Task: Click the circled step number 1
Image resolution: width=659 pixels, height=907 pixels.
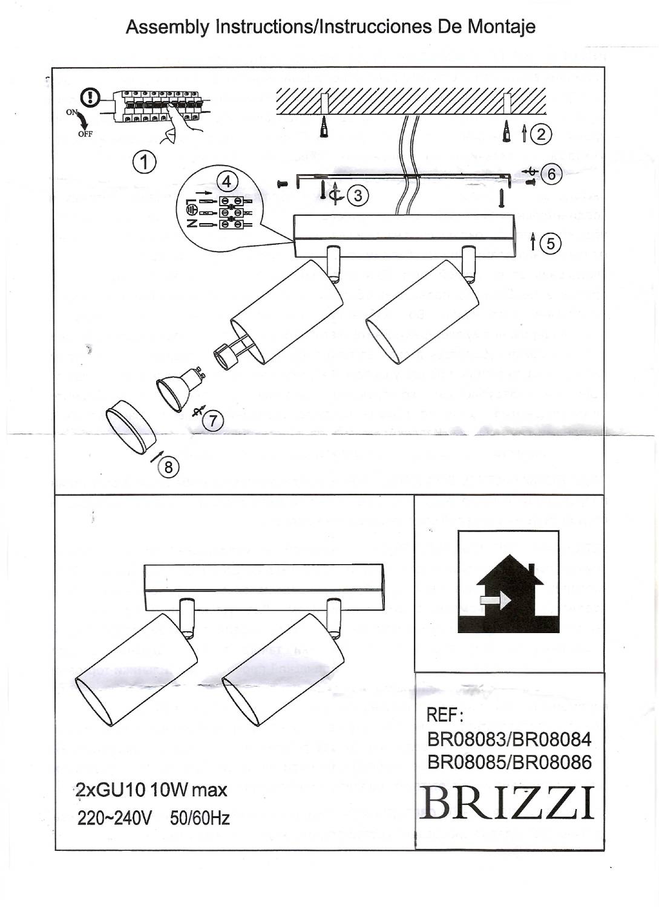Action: click(x=144, y=162)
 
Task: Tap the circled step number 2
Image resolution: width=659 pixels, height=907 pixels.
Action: click(x=540, y=134)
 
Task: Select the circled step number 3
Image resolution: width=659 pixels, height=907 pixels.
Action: click(x=358, y=195)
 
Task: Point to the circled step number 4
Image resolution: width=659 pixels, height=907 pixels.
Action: click(x=226, y=181)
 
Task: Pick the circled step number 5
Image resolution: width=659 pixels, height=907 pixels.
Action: click(x=550, y=243)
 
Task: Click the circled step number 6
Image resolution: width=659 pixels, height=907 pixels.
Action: click(x=551, y=174)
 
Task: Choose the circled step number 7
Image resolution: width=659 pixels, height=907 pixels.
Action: click(x=213, y=421)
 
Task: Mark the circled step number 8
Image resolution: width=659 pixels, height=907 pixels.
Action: click(x=168, y=467)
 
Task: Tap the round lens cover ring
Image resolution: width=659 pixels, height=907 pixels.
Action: click(x=130, y=427)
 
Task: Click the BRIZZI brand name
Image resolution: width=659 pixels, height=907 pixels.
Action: click(x=507, y=804)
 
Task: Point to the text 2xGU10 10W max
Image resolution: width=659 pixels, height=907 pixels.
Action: click(x=152, y=790)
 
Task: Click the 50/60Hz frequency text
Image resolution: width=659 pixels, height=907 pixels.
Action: click(x=200, y=818)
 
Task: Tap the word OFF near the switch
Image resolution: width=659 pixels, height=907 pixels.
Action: click(x=85, y=134)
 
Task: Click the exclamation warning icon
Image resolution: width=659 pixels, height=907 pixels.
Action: click(x=91, y=97)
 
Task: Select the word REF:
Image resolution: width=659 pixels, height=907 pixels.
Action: click(x=445, y=715)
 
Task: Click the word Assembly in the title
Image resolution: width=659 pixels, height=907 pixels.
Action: click(x=168, y=27)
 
